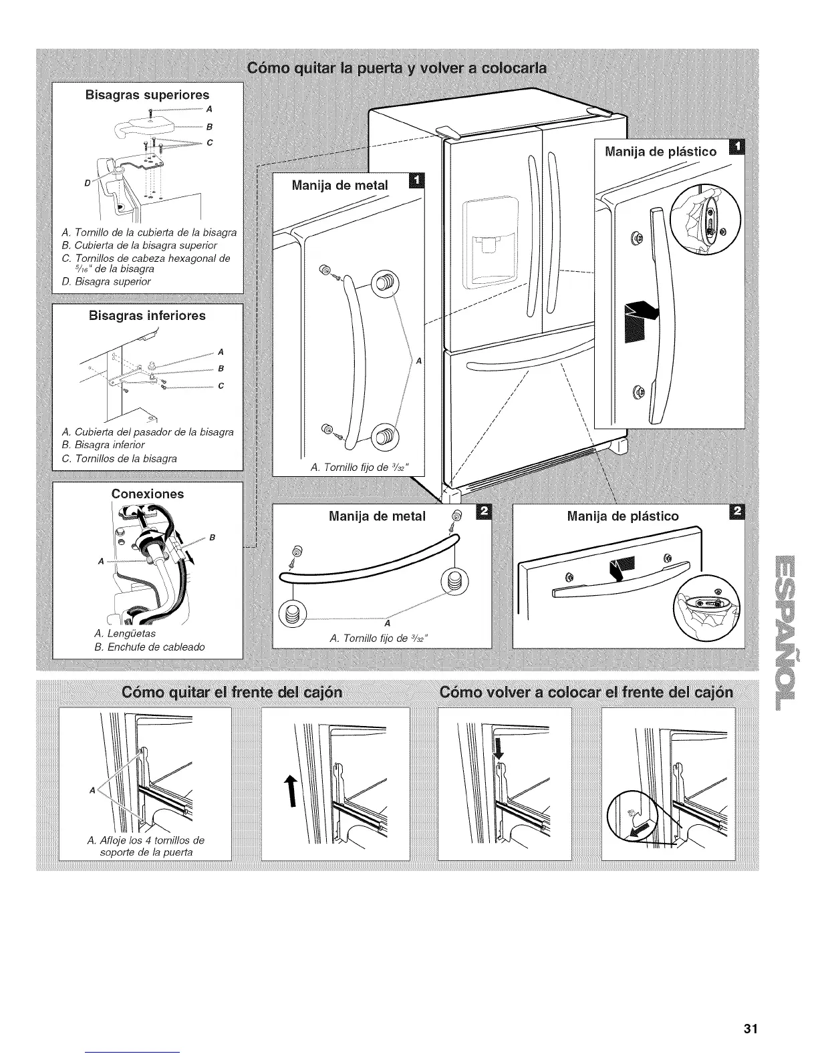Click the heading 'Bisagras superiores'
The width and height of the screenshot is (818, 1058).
click(x=147, y=95)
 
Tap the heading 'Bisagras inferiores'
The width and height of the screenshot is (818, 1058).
click(x=147, y=315)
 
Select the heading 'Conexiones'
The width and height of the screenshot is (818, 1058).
click(x=147, y=494)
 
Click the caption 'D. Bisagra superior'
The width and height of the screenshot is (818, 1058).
click(x=106, y=281)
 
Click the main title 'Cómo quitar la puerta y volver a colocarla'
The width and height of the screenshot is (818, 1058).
click(x=397, y=67)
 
